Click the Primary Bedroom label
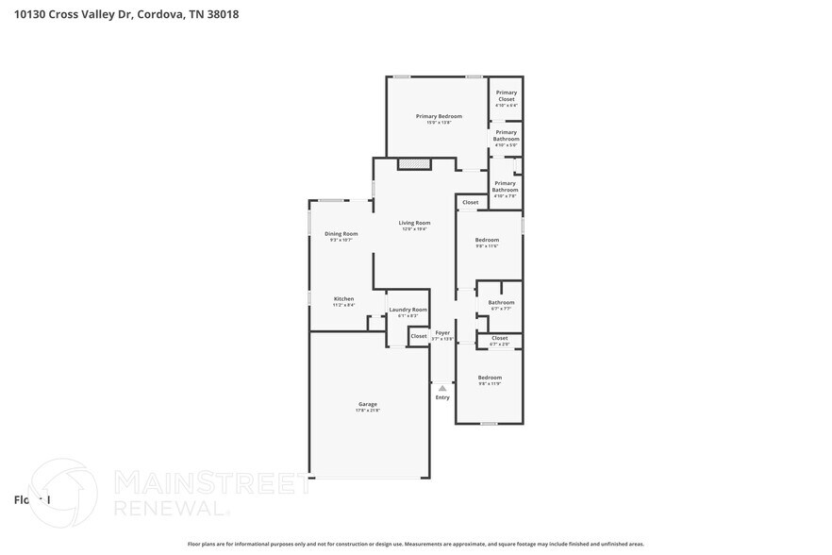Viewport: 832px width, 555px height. [x=439, y=116]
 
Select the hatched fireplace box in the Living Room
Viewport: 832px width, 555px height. [x=413, y=164]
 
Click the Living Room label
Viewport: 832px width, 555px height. [x=414, y=223]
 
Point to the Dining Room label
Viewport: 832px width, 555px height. [x=341, y=233]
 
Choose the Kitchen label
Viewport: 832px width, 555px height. [x=343, y=298]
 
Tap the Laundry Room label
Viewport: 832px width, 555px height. [x=408, y=309]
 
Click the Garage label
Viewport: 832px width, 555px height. [x=367, y=404]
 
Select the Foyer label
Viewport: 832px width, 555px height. [x=442, y=332]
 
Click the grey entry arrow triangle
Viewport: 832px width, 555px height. [x=442, y=388]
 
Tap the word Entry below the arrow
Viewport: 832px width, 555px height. [x=442, y=397]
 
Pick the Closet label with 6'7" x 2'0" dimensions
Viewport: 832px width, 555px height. [x=499, y=338]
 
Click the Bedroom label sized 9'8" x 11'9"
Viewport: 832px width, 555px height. [x=490, y=378]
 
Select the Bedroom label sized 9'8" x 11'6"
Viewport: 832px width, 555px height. [x=487, y=240]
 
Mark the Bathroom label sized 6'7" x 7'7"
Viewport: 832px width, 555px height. [x=501, y=302]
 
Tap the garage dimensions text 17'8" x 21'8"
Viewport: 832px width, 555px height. [x=367, y=411]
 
